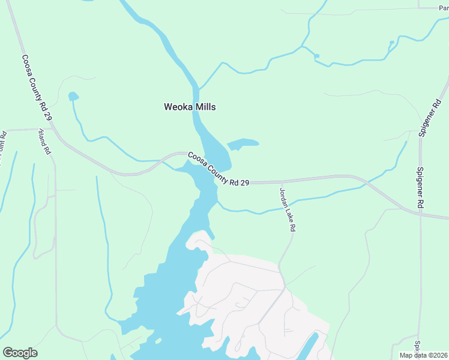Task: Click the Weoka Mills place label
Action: [190, 107]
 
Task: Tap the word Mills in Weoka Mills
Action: [204, 107]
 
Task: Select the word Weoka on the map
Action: [178, 107]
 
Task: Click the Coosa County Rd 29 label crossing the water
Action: [218, 169]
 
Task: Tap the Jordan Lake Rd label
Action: [288, 209]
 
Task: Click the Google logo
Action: [20, 353]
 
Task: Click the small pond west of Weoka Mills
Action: [73, 96]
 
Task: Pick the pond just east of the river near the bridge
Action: [243, 144]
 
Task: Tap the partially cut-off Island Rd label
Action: [44, 142]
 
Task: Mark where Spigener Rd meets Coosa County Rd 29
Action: [420, 212]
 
